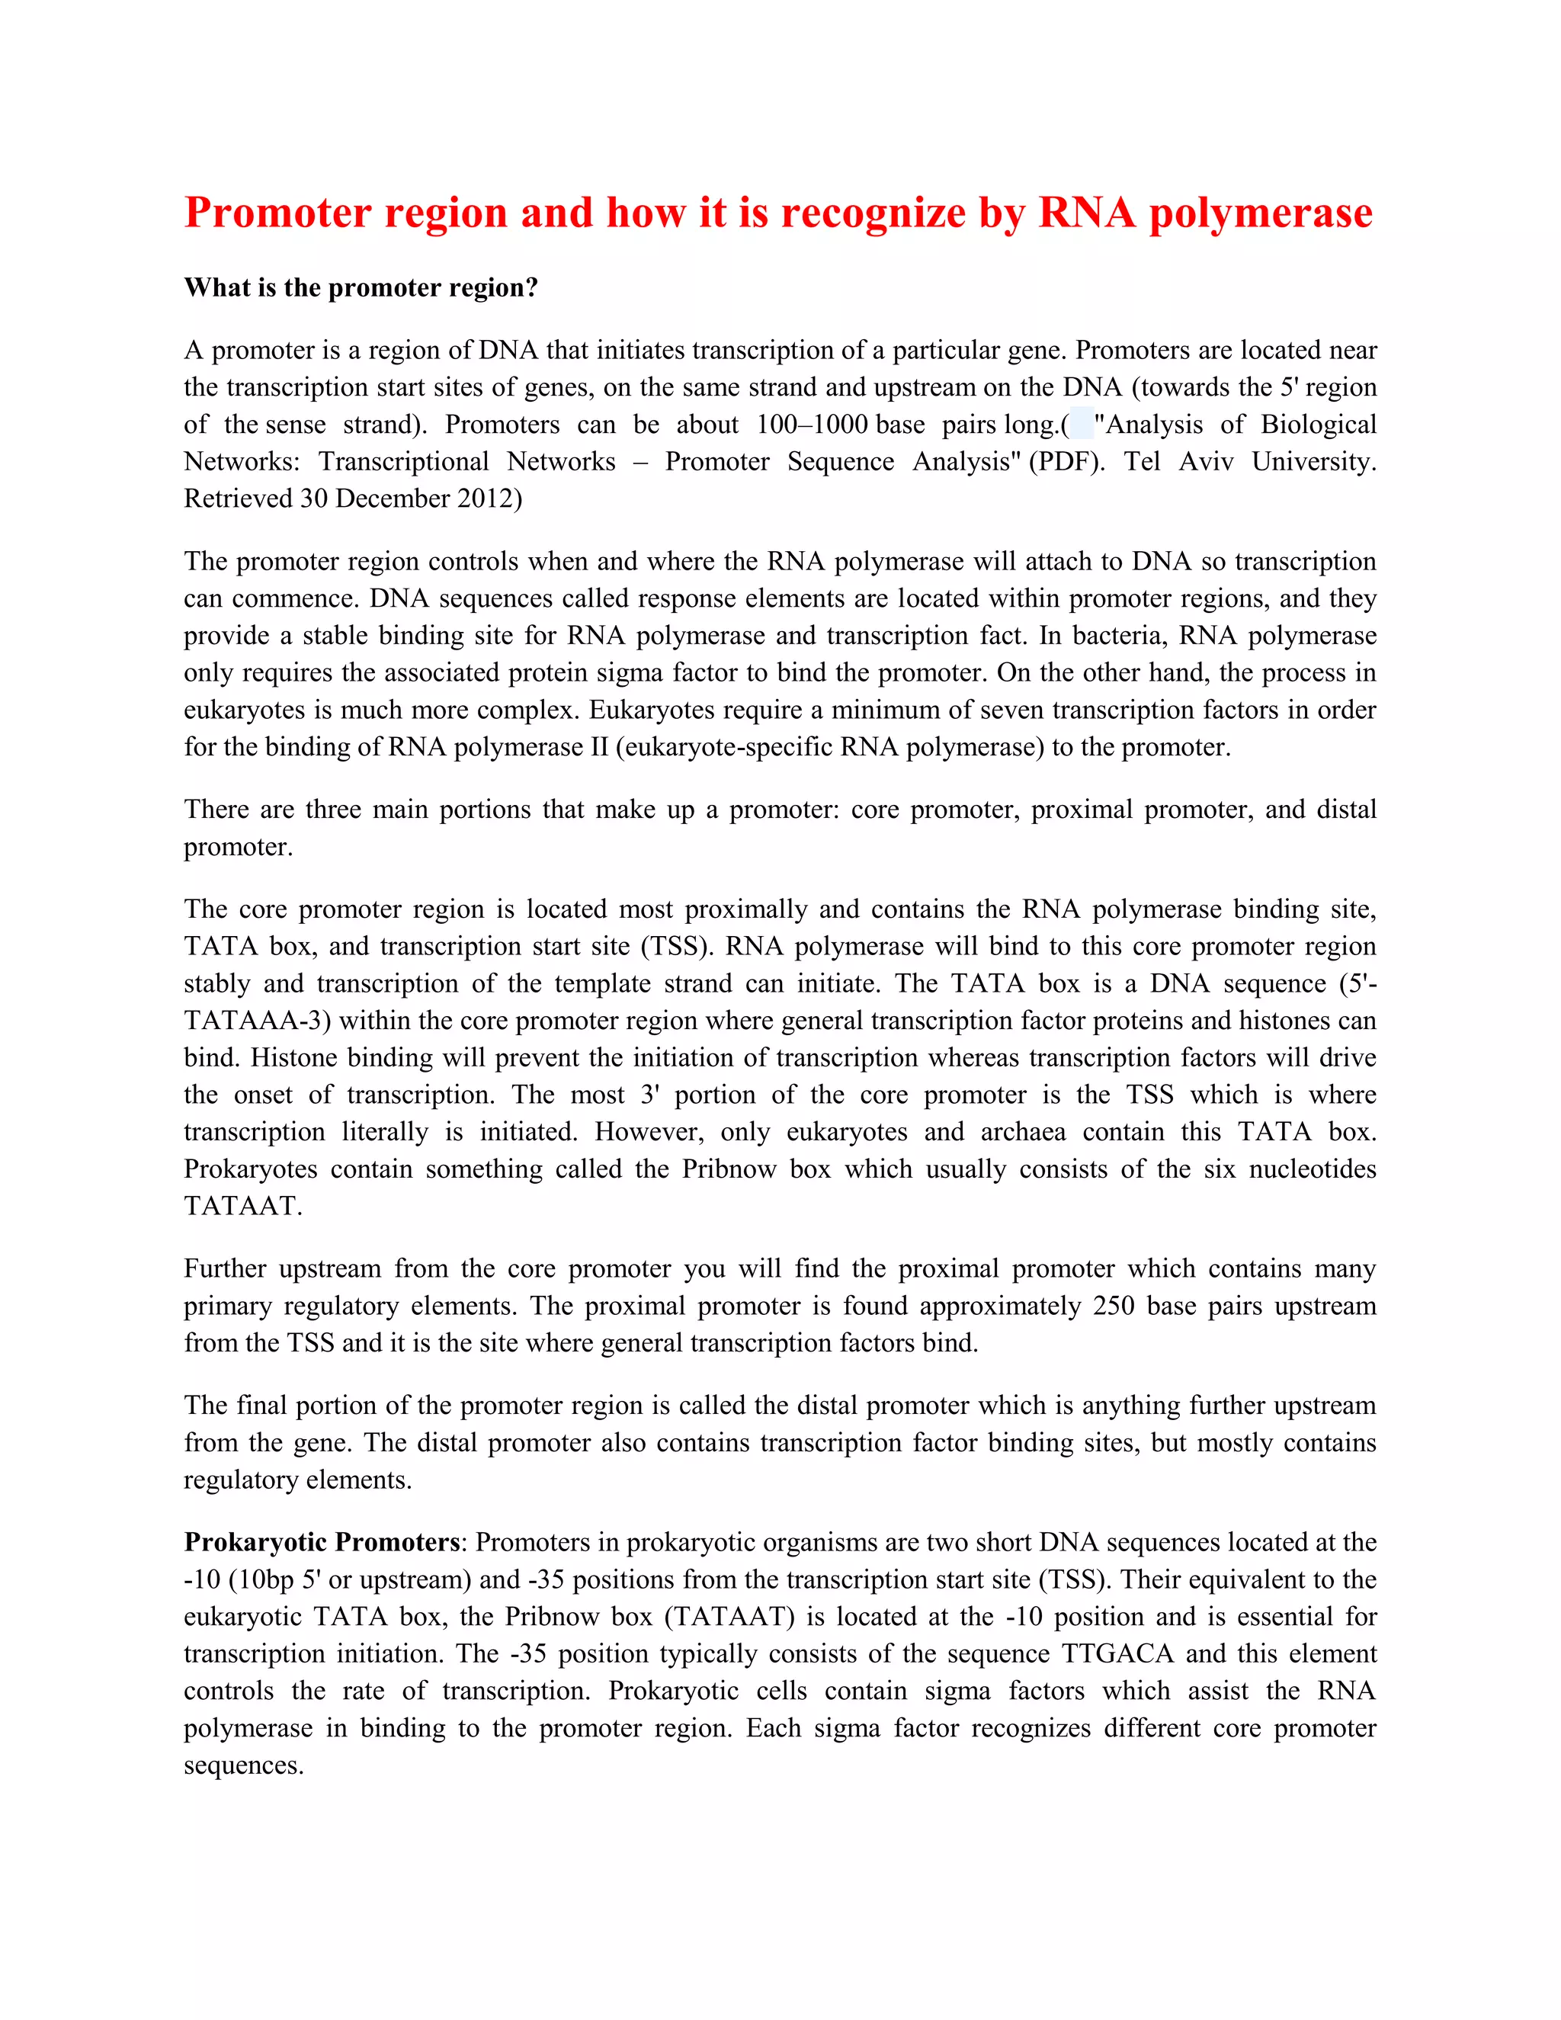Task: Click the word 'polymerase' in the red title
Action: [1261, 213]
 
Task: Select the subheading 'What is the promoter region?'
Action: [361, 287]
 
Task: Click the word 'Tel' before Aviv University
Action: [1141, 461]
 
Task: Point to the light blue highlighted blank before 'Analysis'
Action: [1081, 424]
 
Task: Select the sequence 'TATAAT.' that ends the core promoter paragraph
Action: [242, 1206]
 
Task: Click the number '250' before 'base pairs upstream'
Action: [1114, 1306]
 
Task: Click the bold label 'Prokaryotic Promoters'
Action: [322, 1543]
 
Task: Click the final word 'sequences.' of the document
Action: [243, 1765]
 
